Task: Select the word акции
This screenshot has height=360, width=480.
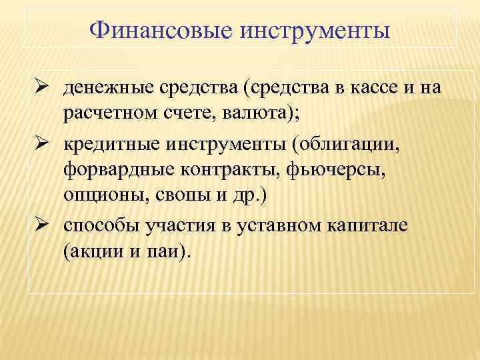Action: tap(96, 251)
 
